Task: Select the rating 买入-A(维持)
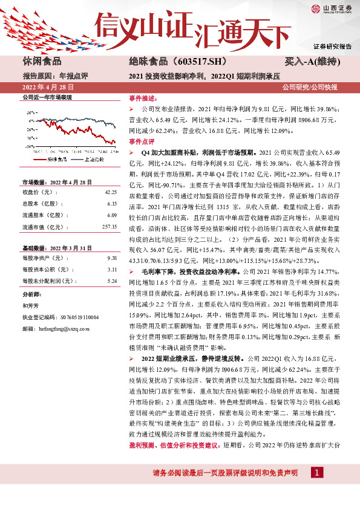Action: click(x=319, y=63)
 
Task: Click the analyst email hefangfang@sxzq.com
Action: click(x=56, y=328)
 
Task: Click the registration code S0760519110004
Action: click(x=75, y=317)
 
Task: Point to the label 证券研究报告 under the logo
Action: click(x=332, y=47)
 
